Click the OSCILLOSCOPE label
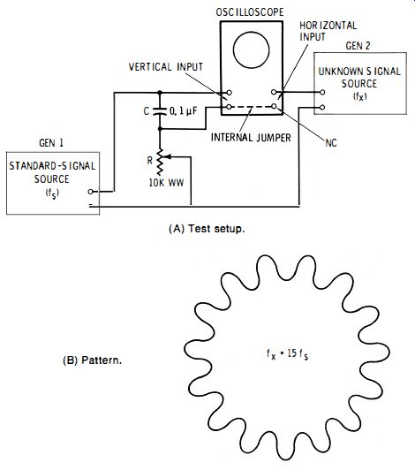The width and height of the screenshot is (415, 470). click(250, 12)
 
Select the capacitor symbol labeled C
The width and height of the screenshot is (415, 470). click(160, 111)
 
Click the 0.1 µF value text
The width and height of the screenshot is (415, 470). click(184, 111)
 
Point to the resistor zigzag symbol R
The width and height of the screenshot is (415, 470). click(160, 163)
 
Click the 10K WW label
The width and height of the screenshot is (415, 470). click(166, 183)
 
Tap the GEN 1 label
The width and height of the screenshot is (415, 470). click(51, 143)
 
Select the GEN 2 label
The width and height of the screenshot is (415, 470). click(358, 46)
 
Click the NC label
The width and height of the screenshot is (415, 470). click(331, 143)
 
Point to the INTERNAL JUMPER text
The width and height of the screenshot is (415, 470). click(251, 138)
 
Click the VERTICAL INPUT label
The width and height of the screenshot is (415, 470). click(166, 66)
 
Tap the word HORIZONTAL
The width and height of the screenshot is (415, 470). click(328, 26)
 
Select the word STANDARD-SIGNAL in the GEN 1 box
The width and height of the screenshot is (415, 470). click(52, 166)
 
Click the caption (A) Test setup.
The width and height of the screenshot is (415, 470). click(207, 229)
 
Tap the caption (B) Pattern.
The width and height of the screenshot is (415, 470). click(93, 360)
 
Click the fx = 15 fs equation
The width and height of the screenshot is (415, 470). click(287, 354)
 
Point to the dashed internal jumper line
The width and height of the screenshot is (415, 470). click(252, 107)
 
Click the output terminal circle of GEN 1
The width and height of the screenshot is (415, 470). click(90, 192)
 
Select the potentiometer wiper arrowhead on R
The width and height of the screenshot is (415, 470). click(168, 156)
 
